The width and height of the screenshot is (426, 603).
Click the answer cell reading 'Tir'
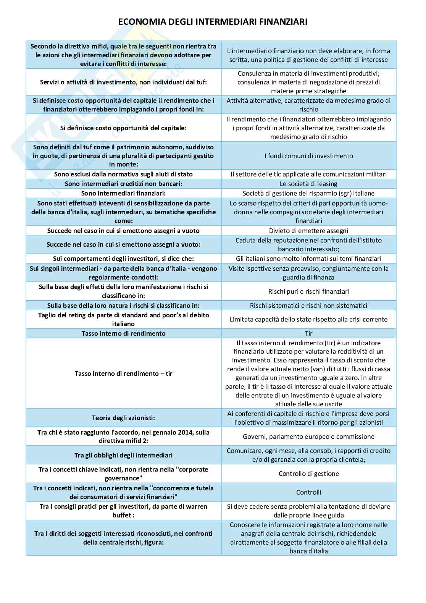[x=308, y=333]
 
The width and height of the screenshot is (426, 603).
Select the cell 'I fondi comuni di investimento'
[x=308, y=156]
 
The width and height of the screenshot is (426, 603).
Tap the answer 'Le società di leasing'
[x=308, y=184]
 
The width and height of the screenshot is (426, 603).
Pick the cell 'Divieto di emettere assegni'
[x=308, y=231]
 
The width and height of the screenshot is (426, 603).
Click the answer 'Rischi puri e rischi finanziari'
[x=308, y=291]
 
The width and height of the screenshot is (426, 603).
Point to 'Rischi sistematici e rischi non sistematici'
[x=308, y=306]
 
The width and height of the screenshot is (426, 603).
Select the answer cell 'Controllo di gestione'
[x=308, y=474]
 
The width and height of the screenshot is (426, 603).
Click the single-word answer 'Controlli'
[x=308, y=492]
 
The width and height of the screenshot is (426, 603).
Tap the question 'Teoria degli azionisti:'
[x=123, y=418]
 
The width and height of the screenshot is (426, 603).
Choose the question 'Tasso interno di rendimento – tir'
[x=123, y=373]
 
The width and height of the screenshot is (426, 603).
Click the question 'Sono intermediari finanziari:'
[x=123, y=193]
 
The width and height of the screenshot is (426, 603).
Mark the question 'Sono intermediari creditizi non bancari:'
[x=123, y=184]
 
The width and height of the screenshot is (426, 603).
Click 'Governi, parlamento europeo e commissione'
[x=308, y=436]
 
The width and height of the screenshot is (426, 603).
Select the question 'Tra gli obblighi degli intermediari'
[x=123, y=455]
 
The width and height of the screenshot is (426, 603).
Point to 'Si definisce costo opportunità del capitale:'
[x=123, y=128]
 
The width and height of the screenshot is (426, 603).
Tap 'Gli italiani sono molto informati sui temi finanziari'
[x=308, y=259]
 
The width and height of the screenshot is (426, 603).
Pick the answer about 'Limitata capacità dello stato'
[x=308, y=319]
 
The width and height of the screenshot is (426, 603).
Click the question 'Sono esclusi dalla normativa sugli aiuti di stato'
[x=123, y=174]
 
